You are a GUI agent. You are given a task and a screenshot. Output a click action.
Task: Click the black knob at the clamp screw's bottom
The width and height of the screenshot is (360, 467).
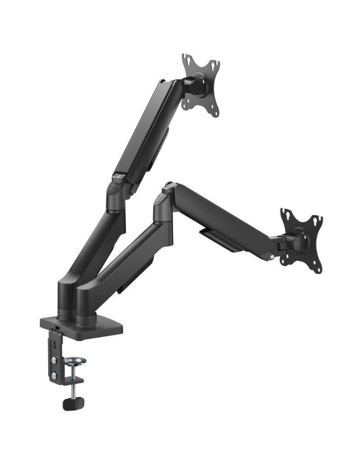pyautogui.click(x=71, y=403)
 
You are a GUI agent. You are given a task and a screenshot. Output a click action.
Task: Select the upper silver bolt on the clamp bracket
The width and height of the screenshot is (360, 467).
pyautogui.click(x=55, y=361)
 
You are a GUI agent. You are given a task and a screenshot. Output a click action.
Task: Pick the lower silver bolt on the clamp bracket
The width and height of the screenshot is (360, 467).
pyautogui.click(x=55, y=375)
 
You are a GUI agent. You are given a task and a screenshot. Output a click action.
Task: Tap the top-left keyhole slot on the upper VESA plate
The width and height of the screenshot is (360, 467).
pyautogui.click(x=186, y=60)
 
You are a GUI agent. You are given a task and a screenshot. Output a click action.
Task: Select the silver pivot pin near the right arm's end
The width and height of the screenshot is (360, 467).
pyautogui.click(x=272, y=257)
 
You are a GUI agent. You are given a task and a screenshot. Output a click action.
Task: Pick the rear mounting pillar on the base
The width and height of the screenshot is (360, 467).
pyautogui.click(x=65, y=299)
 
